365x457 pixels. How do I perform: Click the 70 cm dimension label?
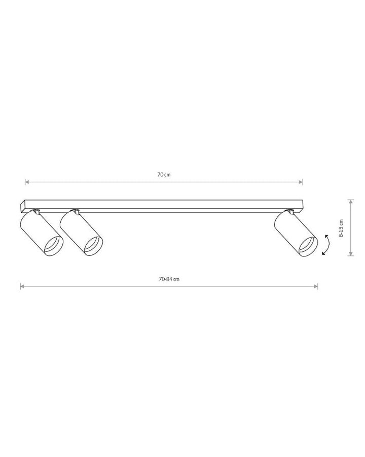(x=164, y=175)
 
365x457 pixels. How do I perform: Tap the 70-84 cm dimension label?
(x=169, y=279)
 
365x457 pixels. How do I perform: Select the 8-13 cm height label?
(x=341, y=228)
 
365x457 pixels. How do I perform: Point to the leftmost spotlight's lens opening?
(x=53, y=246)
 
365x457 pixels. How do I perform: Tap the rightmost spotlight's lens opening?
(x=308, y=247)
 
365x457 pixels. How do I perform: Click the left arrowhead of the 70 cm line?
(x=27, y=182)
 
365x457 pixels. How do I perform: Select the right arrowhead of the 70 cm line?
(x=301, y=182)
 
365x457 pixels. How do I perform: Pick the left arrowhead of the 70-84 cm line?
(x=22, y=286)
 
